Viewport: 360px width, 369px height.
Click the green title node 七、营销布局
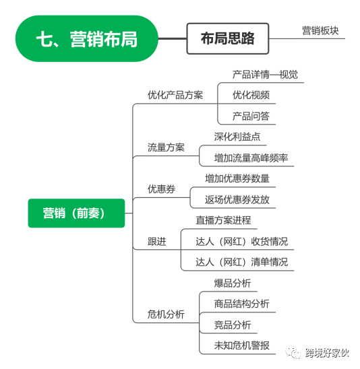[87, 38]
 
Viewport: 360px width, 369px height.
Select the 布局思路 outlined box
[228, 38]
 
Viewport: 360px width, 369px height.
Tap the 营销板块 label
[320, 31]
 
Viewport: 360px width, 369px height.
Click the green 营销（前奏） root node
[76, 213]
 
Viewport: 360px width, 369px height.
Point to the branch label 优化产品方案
[175, 95]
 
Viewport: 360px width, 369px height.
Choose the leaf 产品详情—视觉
[265, 75]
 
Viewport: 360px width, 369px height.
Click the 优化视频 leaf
[251, 95]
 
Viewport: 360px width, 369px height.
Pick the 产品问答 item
[251, 116]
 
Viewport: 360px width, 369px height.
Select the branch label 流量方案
[166, 147]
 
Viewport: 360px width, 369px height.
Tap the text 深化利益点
[237, 137]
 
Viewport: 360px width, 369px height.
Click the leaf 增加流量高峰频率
[251, 158]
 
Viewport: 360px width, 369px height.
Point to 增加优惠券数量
[237, 178]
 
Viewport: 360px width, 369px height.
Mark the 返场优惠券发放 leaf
[237, 199]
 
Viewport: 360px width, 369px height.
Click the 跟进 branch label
[157, 242]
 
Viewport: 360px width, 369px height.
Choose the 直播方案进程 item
[223, 220]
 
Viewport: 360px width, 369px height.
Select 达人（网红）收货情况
[242, 242]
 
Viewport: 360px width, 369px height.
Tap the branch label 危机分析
[166, 314]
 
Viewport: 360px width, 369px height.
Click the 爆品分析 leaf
[233, 283]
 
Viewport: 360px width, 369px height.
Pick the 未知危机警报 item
[242, 345]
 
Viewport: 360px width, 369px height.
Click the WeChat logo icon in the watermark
[293, 353]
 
